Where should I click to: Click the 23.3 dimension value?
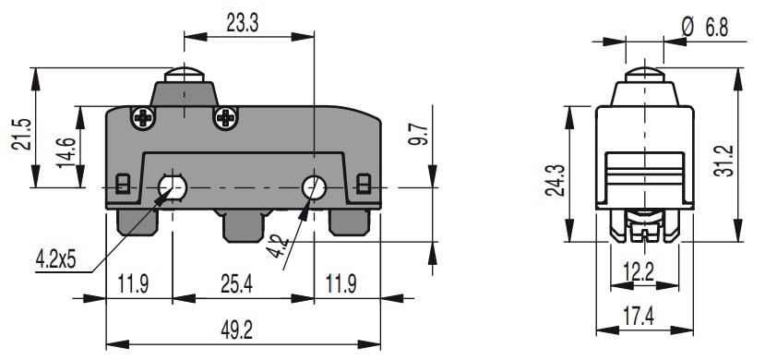coord(243,23)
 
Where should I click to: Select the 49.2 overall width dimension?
coord(236,330)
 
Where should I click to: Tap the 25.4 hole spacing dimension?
coord(236,284)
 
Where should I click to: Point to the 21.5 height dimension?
coord(21,135)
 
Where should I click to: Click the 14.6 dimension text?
coord(66,152)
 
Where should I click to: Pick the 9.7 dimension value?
coord(416,135)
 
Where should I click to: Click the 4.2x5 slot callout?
coord(56,259)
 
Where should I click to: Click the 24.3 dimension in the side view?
coord(555,179)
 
